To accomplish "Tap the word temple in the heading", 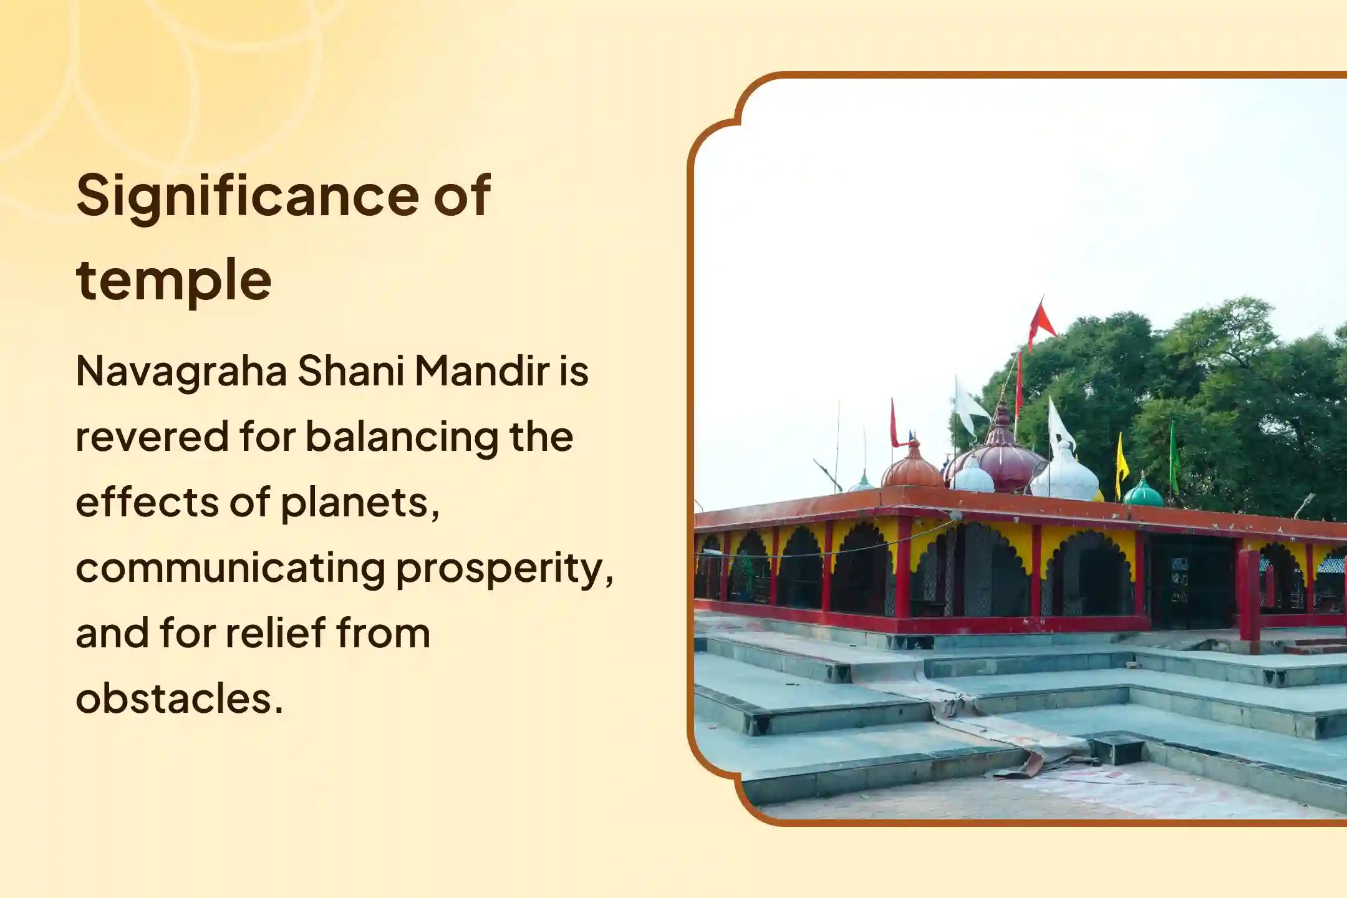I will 173,280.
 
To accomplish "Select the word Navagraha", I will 181,372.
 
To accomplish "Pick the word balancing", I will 402,437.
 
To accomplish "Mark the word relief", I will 274,633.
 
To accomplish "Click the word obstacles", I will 179,698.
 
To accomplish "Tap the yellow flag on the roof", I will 1121,460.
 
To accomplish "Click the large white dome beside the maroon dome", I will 1065,476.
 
